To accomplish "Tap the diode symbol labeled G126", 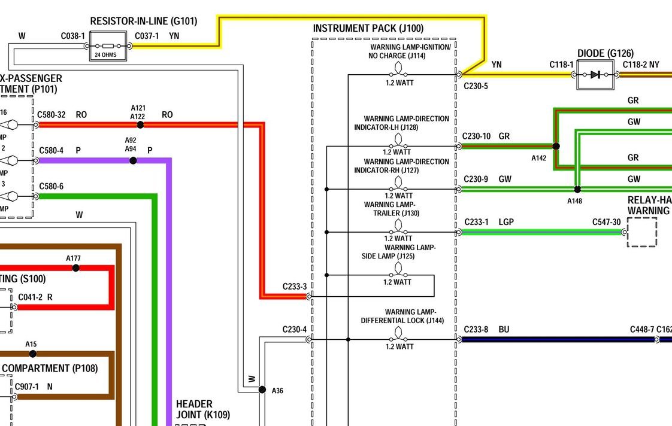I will click(595, 75).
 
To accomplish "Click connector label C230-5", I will click(476, 86).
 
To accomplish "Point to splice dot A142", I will click(556, 146).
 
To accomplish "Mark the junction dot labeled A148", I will click(577, 189).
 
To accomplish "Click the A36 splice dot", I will click(262, 390).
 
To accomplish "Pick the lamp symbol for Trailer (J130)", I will click(398, 226).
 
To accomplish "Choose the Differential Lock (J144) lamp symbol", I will click(398, 334).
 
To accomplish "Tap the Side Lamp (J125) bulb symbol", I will click(398, 269).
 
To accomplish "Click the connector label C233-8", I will click(476, 329).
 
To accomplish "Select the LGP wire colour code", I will click(506, 222).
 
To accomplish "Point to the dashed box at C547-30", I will click(641, 232).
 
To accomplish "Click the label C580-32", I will click(52, 114).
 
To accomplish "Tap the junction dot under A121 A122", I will click(140, 124).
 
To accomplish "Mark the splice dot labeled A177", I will click(75, 267).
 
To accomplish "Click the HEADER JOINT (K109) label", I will click(202, 409).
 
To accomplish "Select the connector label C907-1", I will click(27, 387).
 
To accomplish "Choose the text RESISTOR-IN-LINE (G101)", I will click(143, 22).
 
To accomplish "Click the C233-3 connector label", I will click(295, 287).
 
